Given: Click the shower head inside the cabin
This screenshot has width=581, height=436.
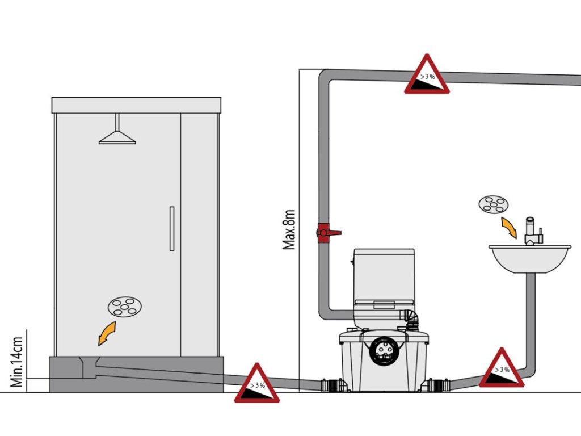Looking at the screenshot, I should coord(117,137).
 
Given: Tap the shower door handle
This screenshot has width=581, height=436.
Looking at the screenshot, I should coord(171,229).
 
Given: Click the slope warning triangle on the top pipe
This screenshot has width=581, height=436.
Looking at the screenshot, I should coord(427,76).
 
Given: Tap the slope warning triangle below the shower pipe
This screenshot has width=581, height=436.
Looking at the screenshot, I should coord(257,384).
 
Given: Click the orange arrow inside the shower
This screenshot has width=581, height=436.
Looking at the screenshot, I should coord(106,333).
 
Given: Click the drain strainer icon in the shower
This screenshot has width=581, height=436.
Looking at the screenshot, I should coord(125,307).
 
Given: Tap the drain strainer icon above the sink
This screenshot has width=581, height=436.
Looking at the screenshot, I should coord(493,204).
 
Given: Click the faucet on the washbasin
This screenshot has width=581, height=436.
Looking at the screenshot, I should coord(533,232).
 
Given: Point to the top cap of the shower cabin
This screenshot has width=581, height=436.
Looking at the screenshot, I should coord(136,105).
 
